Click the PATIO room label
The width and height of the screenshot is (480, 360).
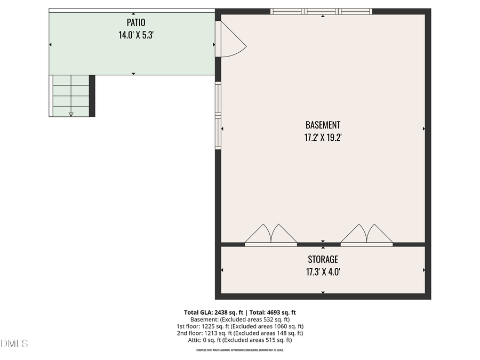click(135, 22)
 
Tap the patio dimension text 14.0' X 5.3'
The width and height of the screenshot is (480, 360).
click(135, 35)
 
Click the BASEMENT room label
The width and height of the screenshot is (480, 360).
click(323, 125)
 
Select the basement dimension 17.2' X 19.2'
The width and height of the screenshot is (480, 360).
click(323, 138)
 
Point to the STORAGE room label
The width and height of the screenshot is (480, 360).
click(323, 259)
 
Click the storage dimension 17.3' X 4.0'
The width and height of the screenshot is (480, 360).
click(323, 272)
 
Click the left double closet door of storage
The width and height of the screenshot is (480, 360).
click(271, 235)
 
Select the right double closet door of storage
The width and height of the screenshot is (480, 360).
click(367, 235)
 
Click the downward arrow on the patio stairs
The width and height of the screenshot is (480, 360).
click(71, 113)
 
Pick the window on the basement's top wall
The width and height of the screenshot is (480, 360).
click(321, 11)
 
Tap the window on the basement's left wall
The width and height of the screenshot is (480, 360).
click(218, 115)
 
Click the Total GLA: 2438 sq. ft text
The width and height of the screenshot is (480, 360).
click(213, 313)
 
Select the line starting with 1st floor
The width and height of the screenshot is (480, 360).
click(240, 326)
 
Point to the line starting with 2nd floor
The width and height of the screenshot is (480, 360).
click(240, 333)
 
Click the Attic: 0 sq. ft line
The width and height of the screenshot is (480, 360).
click(240, 340)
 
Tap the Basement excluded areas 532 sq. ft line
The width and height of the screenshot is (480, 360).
click(240, 319)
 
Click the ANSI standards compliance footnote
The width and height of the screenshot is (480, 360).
click(240, 350)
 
